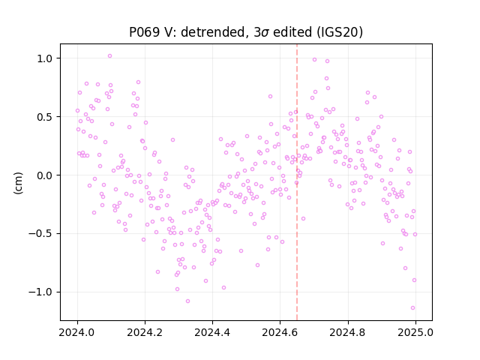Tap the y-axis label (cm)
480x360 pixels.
pos(18,183)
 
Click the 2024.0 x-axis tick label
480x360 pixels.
pos(77,332)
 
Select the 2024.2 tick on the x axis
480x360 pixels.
pos(145,332)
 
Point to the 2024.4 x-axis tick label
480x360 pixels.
pos(212,332)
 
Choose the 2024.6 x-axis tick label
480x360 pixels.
pos(280,332)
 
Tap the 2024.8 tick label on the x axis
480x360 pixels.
pos(348,332)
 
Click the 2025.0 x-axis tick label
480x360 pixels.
pos(415,332)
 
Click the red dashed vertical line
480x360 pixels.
pos(297,182)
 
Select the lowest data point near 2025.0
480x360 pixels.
pos(412,308)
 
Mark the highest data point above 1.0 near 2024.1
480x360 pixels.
pos(110,56)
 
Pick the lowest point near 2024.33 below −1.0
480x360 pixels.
pos(188,301)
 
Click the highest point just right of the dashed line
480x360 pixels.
pos(314,60)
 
